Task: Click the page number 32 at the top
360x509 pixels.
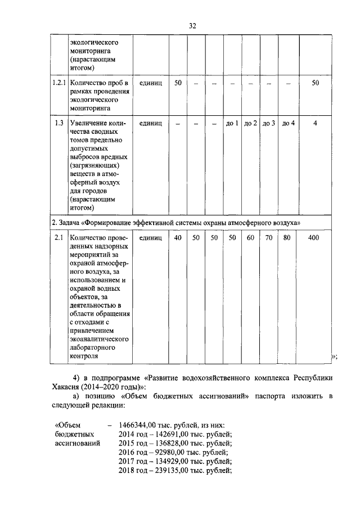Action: tap(192, 25)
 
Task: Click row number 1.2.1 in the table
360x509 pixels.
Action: tap(58, 83)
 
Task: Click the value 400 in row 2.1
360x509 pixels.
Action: tap(314, 238)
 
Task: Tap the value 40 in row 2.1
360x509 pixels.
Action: tap(178, 238)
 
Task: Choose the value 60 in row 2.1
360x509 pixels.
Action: tap(250, 238)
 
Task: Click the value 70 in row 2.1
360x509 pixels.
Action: tap(269, 238)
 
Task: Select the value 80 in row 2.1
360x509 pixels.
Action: tap(287, 238)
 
